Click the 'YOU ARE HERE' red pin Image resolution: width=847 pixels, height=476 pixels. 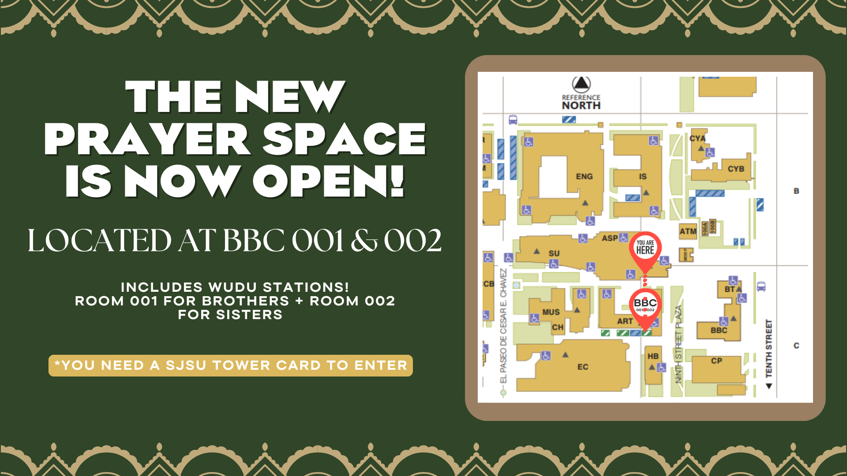645,248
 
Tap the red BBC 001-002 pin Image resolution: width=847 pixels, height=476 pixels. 645,305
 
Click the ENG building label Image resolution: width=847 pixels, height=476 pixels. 584,177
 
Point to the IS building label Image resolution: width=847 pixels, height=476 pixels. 643,177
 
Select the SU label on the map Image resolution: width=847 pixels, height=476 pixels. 554,253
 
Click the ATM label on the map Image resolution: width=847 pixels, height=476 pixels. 687,231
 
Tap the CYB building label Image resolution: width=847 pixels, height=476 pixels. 736,169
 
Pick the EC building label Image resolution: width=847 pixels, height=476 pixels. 583,367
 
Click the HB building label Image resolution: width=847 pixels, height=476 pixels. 653,356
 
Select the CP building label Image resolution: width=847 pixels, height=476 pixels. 716,361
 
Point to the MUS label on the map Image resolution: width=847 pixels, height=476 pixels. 551,312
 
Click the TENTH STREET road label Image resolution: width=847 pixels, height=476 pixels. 769,348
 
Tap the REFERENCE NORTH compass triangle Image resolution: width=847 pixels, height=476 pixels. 581,83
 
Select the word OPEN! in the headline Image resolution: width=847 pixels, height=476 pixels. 328,181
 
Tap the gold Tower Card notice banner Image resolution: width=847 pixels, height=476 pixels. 230,365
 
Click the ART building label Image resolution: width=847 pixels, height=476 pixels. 625,321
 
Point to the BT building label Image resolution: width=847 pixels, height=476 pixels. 730,290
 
